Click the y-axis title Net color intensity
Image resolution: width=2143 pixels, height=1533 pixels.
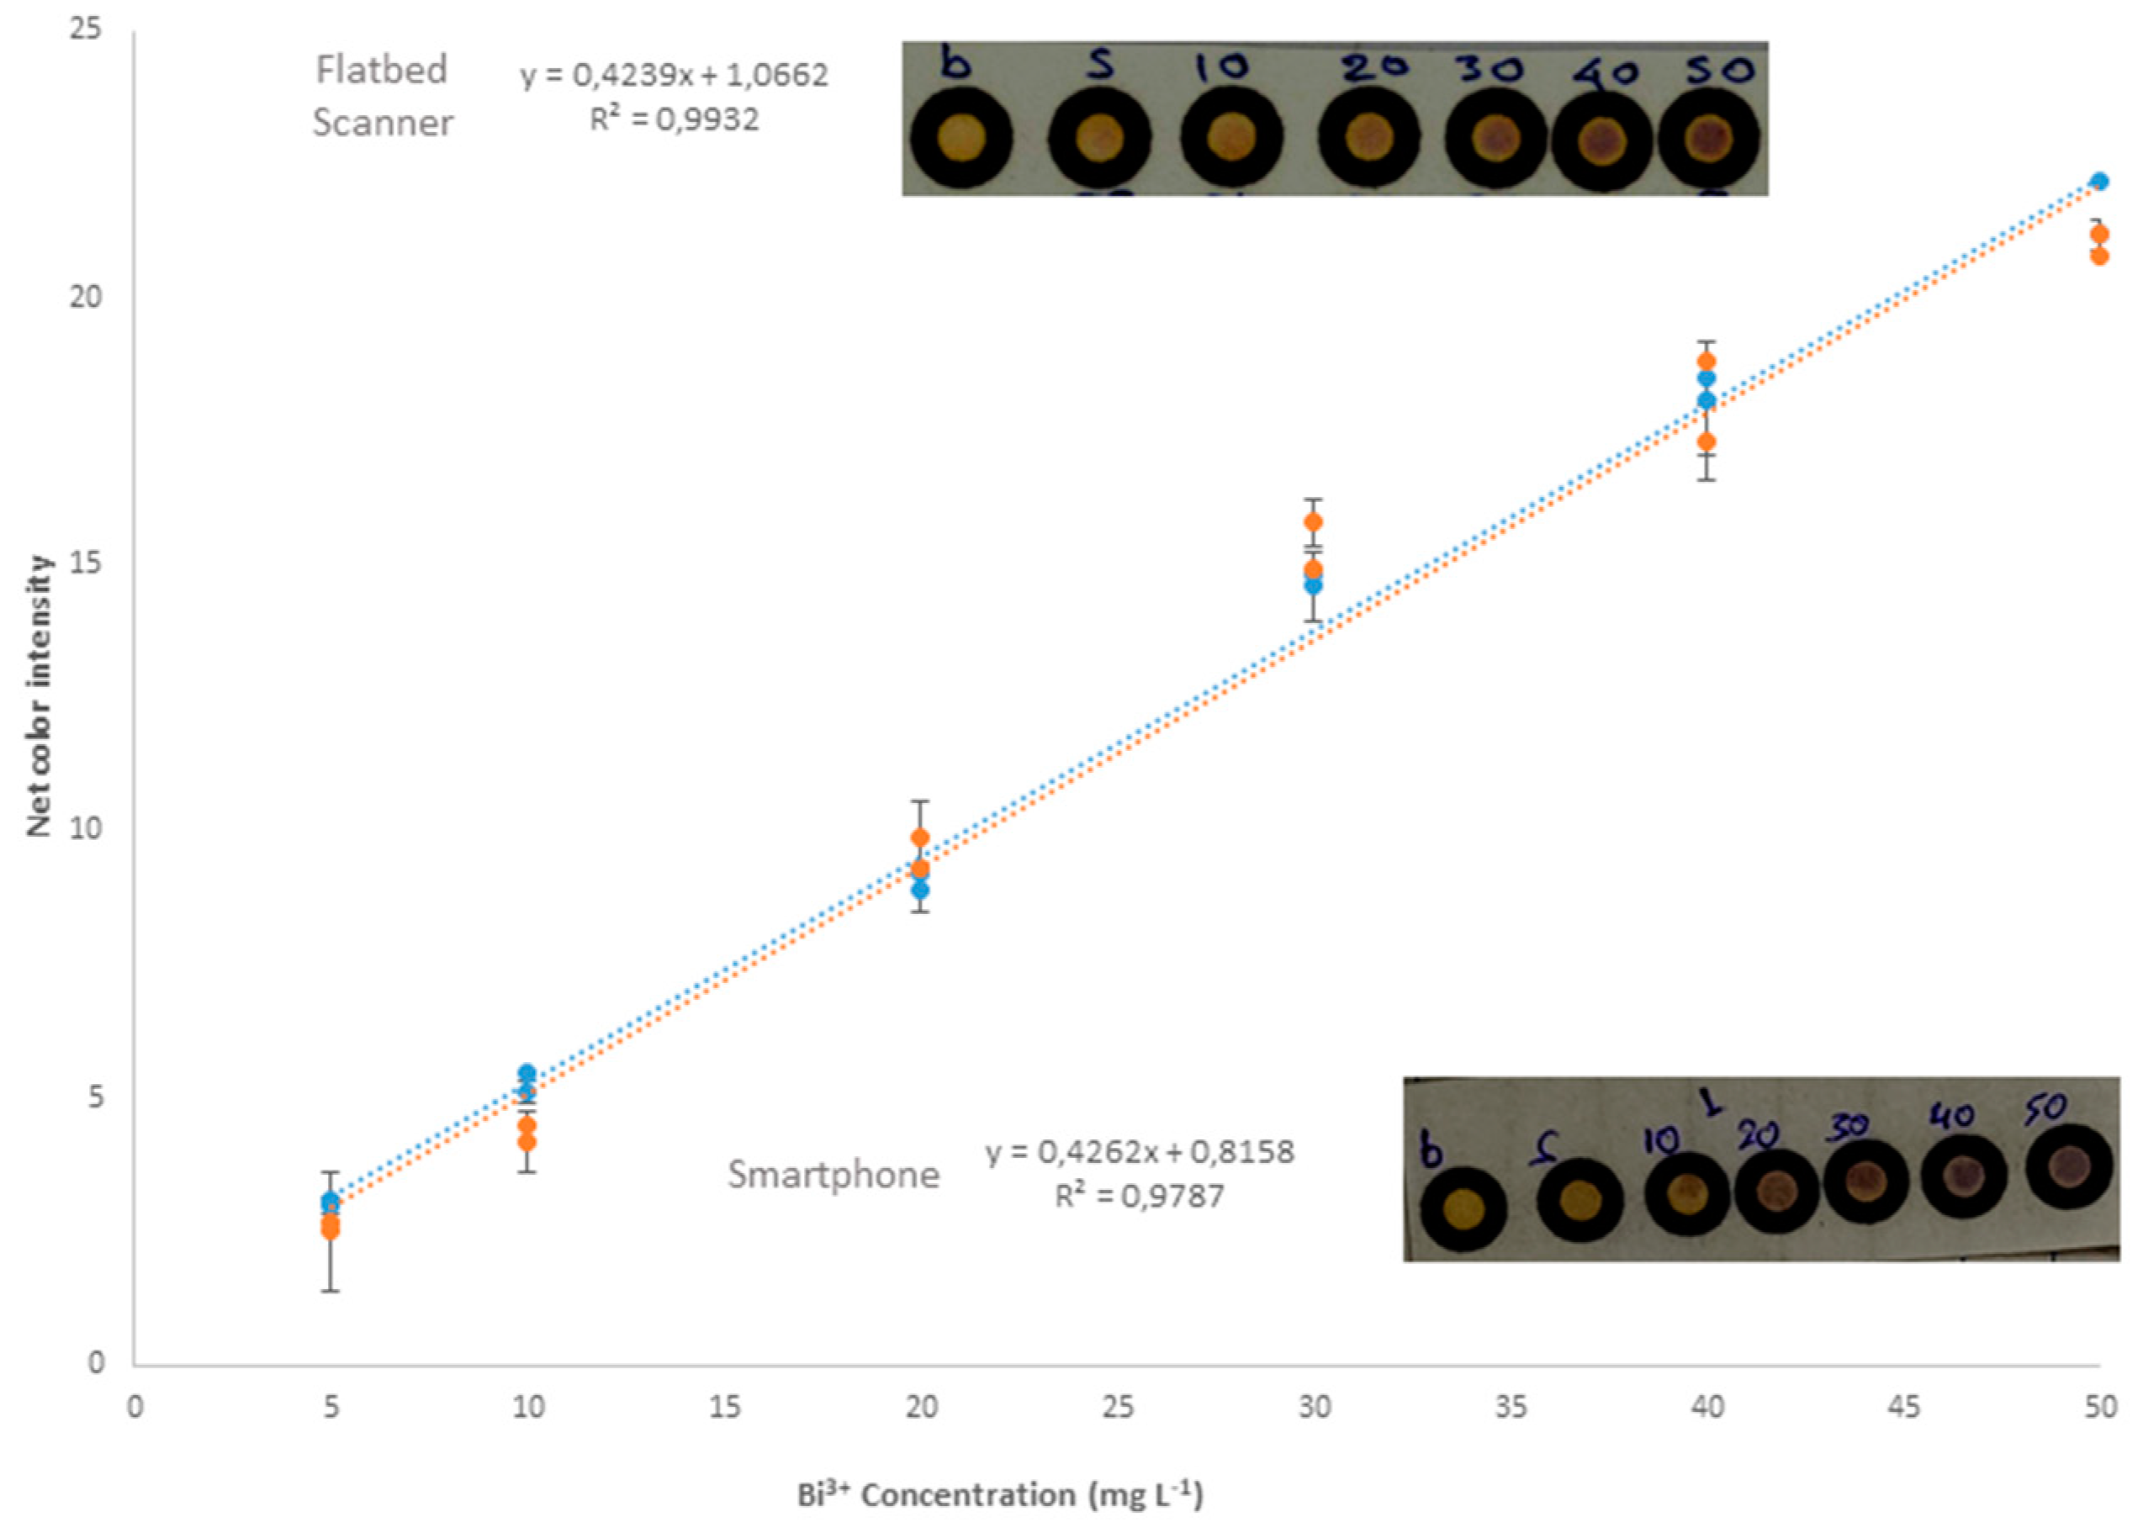click(39, 695)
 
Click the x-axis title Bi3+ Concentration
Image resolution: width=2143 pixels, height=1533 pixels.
click(999, 1494)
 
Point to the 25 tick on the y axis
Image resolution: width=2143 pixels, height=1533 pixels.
click(87, 30)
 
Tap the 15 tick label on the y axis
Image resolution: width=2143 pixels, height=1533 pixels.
click(87, 563)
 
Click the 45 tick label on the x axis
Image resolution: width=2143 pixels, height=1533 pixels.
click(1902, 1408)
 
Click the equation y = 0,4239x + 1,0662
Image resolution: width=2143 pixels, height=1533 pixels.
click(673, 76)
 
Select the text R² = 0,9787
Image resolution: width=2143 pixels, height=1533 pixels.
click(1139, 1197)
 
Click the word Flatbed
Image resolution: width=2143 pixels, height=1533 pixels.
click(381, 70)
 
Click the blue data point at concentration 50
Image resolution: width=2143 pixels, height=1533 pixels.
click(2098, 182)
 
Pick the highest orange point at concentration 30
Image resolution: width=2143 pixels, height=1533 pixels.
click(1312, 522)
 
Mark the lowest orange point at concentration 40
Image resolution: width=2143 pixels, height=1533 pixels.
click(1706, 441)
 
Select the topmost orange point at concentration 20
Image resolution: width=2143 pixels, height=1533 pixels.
click(919, 838)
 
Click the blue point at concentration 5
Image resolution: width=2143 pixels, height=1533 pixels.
click(330, 1202)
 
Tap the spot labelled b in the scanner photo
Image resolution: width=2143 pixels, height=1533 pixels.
click(961, 139)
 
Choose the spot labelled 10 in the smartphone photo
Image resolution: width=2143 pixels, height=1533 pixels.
click(1687, 1194)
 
